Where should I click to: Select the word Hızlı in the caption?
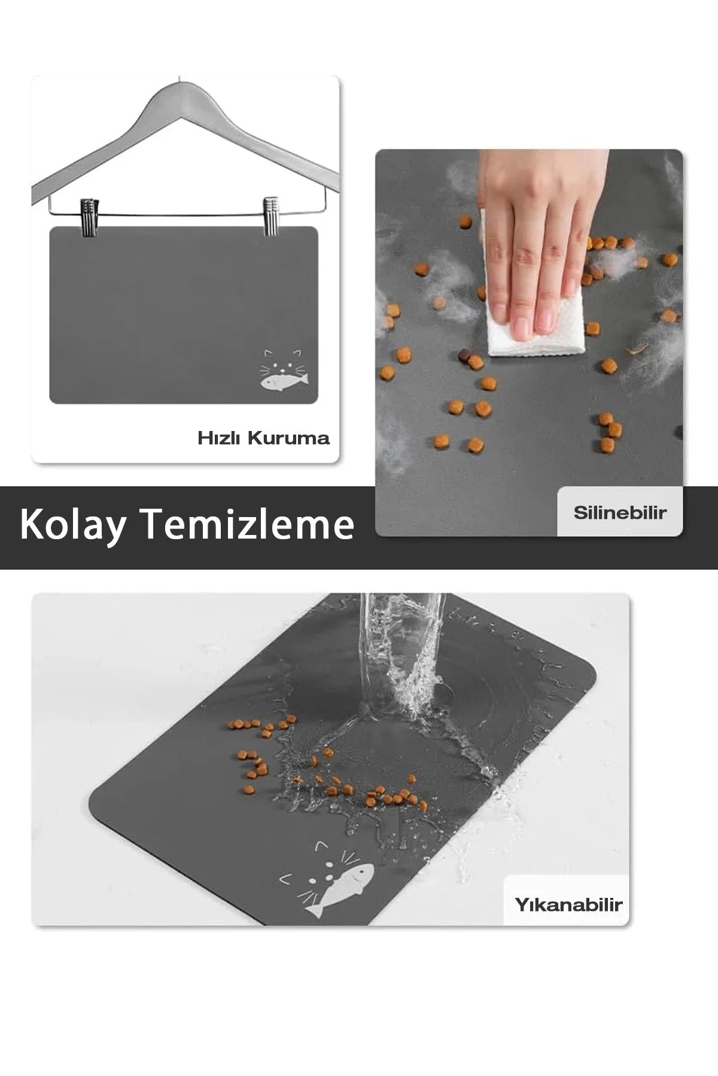(x=220, y=438)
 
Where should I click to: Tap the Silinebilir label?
(x=620, y=513)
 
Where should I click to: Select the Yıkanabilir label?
(x=568, y=904)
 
